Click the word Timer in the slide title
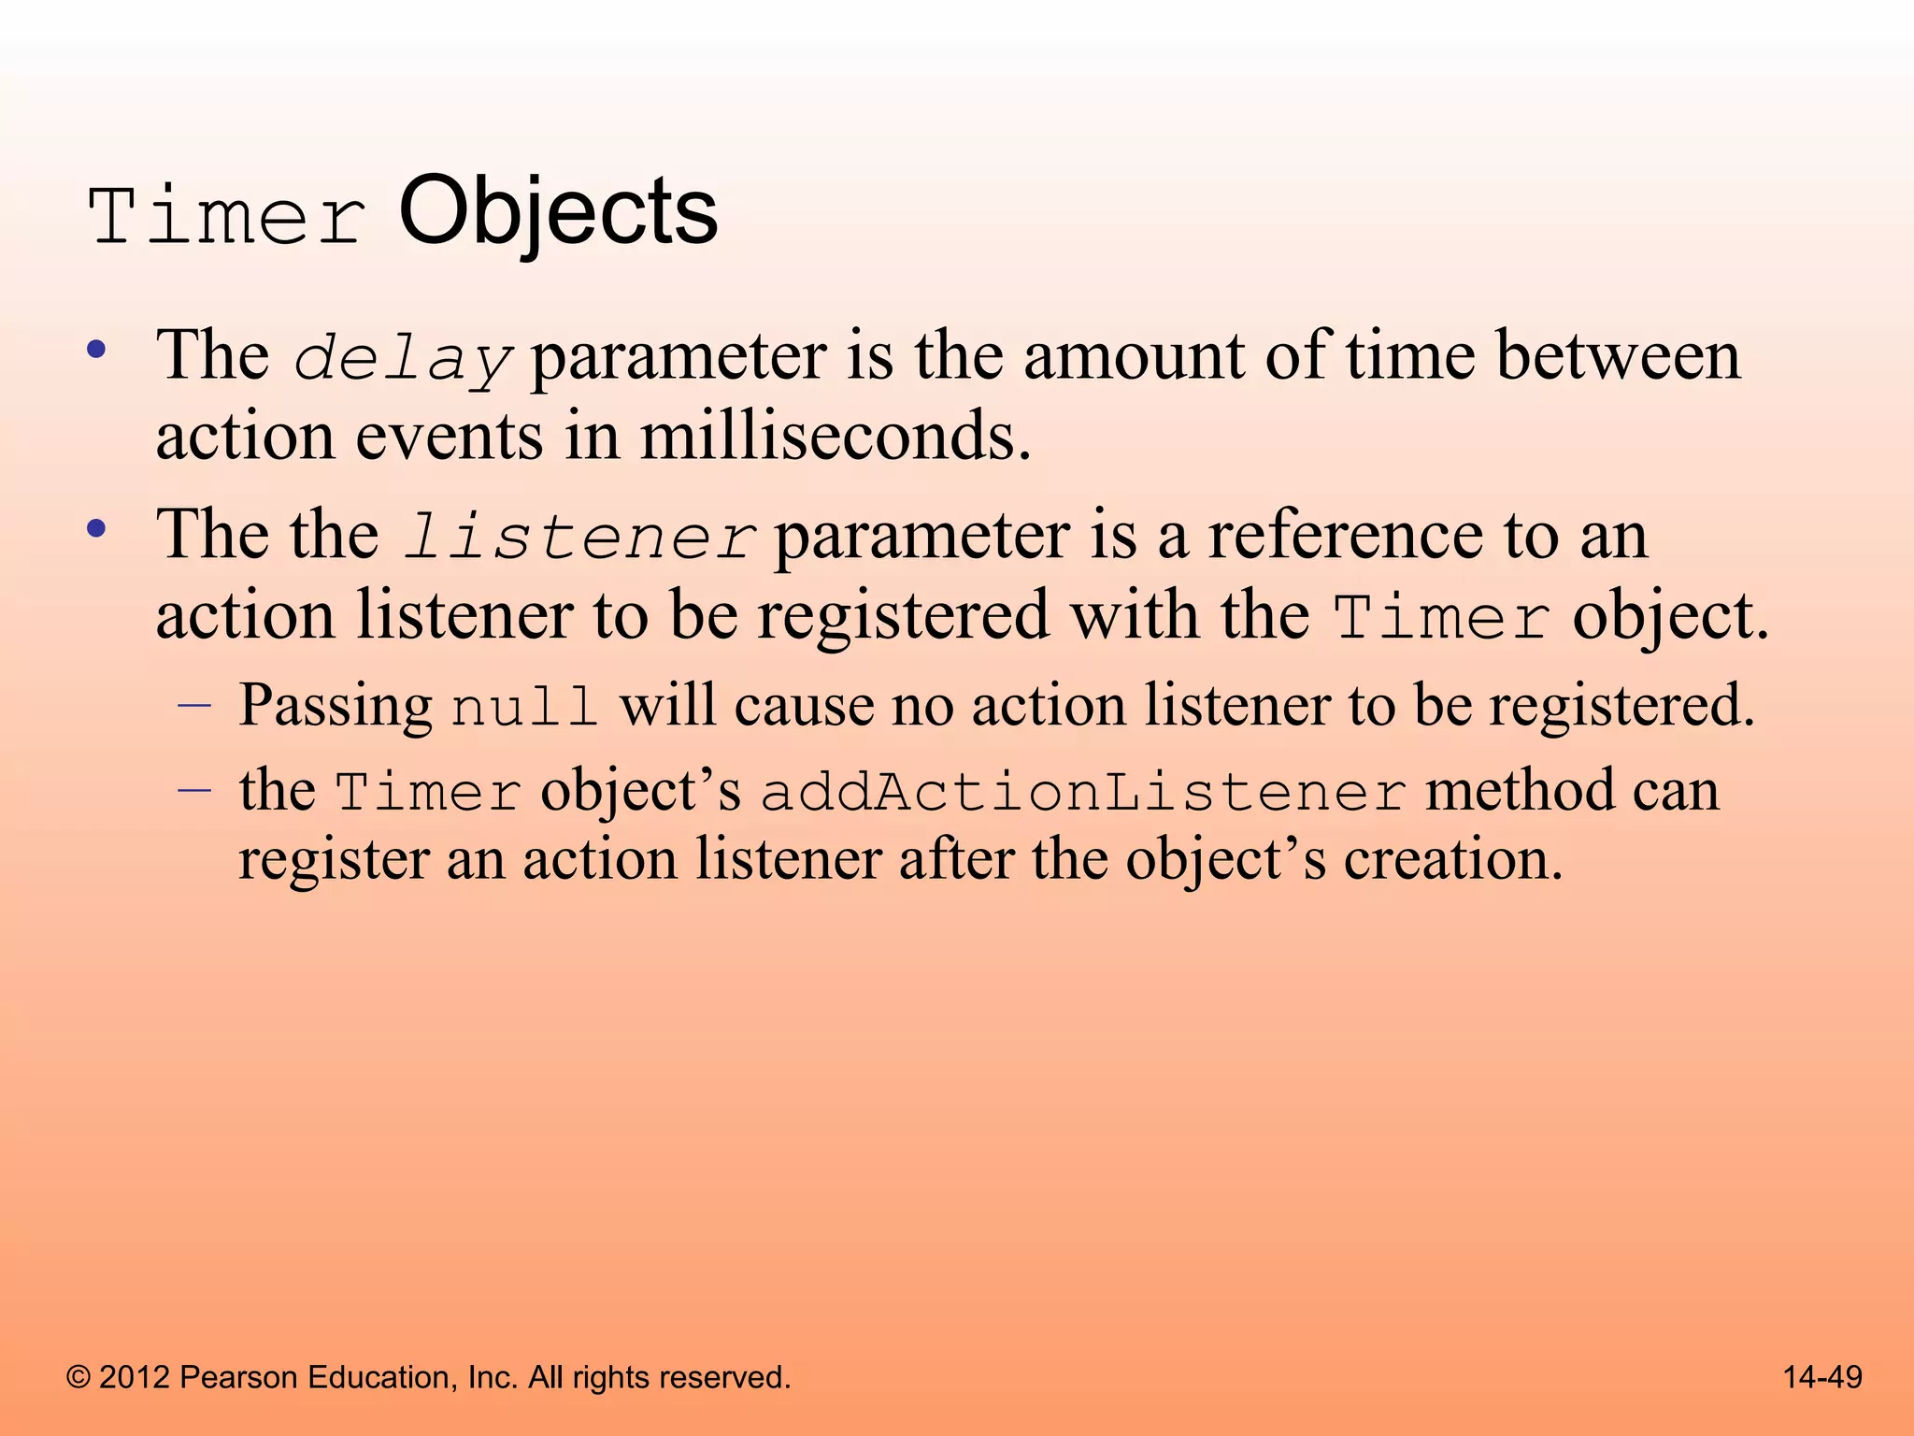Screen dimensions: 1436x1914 click(x=227, y=217)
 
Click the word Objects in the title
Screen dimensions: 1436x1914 click(x=558, y=213)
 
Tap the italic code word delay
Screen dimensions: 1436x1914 click(x=402, y=360)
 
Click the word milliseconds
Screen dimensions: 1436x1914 click(x=835, y=438)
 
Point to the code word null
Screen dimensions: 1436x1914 click(x=523, y=708)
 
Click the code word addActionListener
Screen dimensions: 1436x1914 click(x=1083, y=793)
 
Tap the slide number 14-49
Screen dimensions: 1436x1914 click(x=1822, y=1377)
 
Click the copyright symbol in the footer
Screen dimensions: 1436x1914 click(x=79, y=1378)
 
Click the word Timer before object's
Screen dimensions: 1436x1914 click(x=427, y=793)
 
